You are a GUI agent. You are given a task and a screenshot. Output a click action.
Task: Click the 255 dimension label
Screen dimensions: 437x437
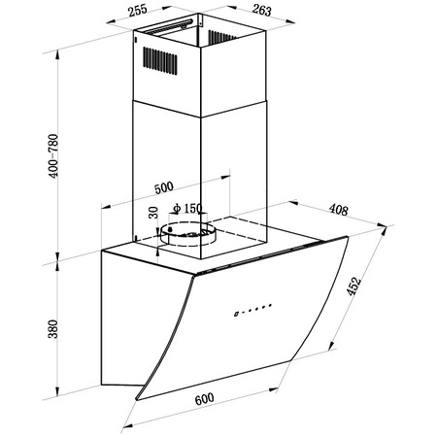pyautogui.click(x=138, y=11)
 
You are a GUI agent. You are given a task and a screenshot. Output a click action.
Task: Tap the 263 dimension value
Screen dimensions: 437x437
pyautogui.click(x=261, y=10)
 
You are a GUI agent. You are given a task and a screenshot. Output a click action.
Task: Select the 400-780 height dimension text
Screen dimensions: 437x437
pyautogui.click(x=53, y=155)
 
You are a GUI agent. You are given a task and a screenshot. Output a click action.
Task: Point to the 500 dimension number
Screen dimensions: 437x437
pyautogui.click(x=164, y=187)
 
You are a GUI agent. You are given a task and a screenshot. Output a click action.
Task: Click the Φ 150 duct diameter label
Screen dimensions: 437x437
pyautogui.click(x=187, y=208)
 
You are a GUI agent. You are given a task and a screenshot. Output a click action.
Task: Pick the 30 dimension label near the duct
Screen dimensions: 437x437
pyautogui.click(x=153, y=213)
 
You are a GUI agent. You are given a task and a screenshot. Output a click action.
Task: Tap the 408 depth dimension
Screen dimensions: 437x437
pyautogui.click(x=339, y=210)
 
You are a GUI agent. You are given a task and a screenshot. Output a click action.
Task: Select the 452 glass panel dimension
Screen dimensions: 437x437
pyautogui.click(x=353, y=286)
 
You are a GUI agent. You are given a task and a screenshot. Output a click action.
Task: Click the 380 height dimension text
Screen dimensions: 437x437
pyautogui.click(x=52, y=329)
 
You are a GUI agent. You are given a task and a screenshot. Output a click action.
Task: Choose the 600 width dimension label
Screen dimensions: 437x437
pyautogui.click(x=204, y=399)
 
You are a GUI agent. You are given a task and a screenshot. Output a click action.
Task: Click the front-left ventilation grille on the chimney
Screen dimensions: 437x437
pyautogui.click(x=160, y=61)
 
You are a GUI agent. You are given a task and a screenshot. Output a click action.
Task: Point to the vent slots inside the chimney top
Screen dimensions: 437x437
pyautogui.click(x=221, y=37)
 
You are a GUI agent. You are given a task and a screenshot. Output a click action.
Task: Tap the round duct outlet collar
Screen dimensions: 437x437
pyautogui.click(x=186, y=234)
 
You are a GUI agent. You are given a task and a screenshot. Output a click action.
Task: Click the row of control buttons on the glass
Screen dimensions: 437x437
pyautogui.click(x=252, y=310)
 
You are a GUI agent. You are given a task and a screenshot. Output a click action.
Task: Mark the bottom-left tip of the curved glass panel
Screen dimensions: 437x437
pyautogui.click(x=137, y=399)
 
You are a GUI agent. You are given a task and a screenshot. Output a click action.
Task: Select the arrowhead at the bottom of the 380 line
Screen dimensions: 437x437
pyautogui.click(x=57, y=391)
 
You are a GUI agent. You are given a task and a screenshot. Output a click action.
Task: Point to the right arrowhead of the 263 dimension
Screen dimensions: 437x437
pyautogui.click(x=290, y=21)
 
